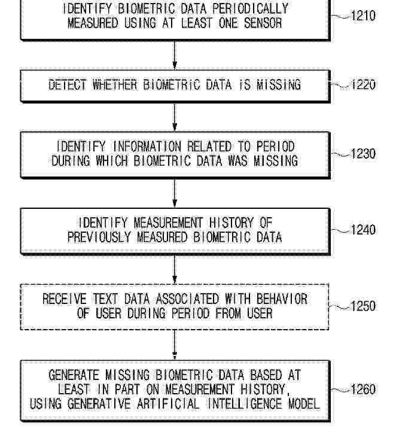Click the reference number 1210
click(363, 16)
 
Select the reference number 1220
click(363, 84)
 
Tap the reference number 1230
click(363, 154)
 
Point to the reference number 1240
click(363, 230)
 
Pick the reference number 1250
click(363, 306)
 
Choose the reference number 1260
click(363, 389)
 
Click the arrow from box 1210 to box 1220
click(175, 55)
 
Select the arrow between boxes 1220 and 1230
click(175, 117)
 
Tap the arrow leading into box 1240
click(175, 193)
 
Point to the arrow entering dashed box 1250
click(175, 269)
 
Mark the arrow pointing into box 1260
click(175, 345)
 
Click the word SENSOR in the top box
click(263, 23)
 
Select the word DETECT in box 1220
click(68, 85)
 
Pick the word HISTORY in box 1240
click(232, 223)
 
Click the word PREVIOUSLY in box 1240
click(99, 237)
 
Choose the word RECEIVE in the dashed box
click(65, 299)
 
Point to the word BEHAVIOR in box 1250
click(282, 299)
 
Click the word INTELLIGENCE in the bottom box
click(245, 403)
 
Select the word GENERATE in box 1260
click(74, 375)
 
